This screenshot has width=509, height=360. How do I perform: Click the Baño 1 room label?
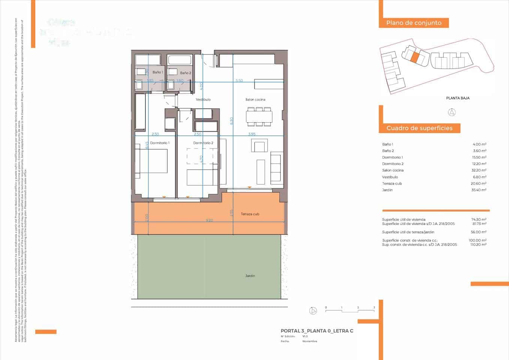[157, 72]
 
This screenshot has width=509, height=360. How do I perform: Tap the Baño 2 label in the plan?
[185, 73]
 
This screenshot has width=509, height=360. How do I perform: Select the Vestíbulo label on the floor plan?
[203, 99]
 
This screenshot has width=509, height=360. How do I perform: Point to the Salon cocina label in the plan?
[255, 99]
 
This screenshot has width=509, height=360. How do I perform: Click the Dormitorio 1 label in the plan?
[160, 143]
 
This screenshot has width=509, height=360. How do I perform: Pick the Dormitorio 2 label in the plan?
[203, 143]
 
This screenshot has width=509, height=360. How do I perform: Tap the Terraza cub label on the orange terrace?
[250, 214]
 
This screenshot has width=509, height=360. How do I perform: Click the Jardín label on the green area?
[250, 276]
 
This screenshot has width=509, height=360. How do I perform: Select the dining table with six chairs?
[259, 117]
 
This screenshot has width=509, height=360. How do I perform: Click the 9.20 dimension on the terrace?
[209, 220]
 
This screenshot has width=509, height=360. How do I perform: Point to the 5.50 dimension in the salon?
[239, 80]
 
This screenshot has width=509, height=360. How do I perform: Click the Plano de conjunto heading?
[414, 23]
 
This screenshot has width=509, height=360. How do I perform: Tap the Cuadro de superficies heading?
[419, 128]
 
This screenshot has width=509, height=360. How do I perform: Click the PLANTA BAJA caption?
[458, 98]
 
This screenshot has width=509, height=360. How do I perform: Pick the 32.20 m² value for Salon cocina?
[479, 170]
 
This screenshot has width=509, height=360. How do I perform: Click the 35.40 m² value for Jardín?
[479, 190]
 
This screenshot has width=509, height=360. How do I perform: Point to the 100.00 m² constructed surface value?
[478, 240]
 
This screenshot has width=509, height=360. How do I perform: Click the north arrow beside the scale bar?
[313, 310]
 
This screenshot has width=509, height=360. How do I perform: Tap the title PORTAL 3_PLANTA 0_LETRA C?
[317, 331]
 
